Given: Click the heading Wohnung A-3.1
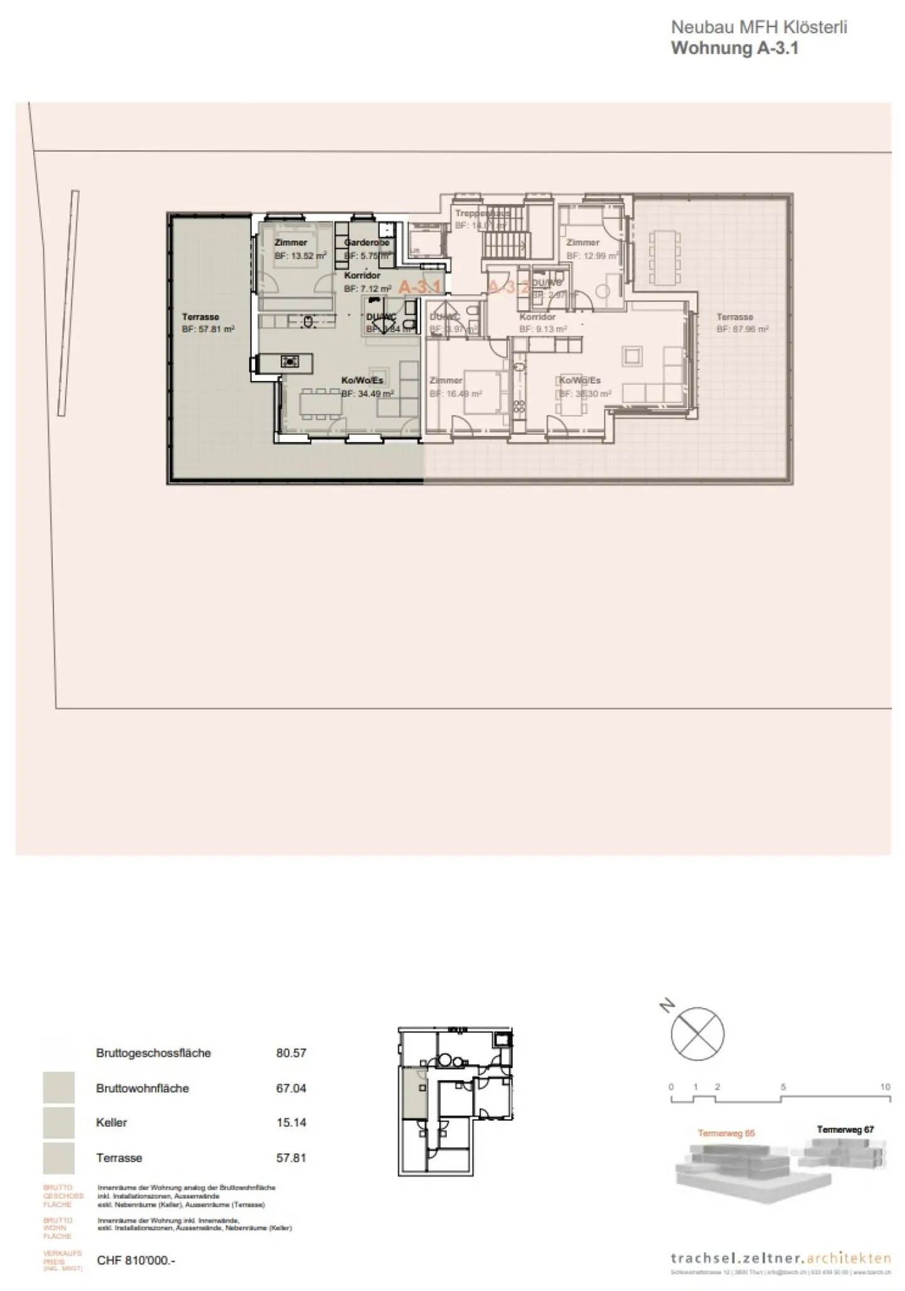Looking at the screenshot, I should pos(734,48).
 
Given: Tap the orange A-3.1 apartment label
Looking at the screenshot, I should pos(420,287).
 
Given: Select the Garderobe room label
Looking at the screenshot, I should pos(367,243).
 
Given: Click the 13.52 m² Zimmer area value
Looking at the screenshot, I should pos(300,256).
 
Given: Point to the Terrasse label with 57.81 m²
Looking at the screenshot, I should pos(200,317).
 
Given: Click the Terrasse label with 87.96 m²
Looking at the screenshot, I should pos(735,317).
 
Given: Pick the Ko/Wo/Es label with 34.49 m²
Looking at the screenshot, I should pos(362,381).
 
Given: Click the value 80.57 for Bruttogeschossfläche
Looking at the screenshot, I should pos(291,1053).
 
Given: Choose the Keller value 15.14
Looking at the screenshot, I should pos(291,1123).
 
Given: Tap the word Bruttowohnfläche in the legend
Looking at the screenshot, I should pos(143,1089).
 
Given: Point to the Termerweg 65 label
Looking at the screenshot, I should pos(726,1133).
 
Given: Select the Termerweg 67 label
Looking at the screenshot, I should pos(845,1129).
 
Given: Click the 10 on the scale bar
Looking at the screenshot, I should pos(885,1087).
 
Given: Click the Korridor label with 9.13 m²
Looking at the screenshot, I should pos(537,317).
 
